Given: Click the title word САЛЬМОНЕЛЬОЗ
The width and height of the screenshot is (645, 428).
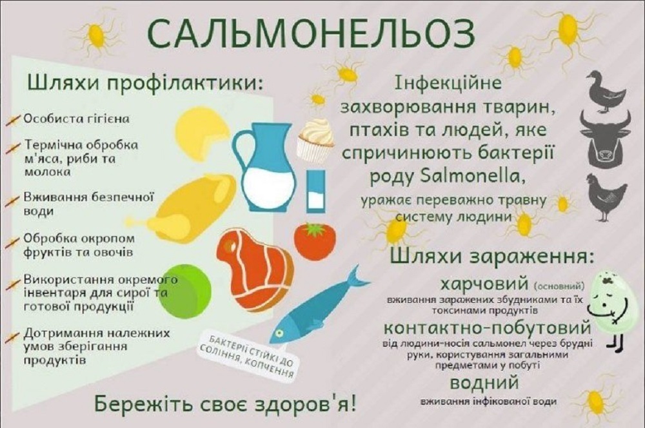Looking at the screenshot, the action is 311,33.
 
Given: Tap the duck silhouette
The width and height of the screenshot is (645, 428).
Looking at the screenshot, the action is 606,92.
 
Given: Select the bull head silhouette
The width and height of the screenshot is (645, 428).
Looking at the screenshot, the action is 605,139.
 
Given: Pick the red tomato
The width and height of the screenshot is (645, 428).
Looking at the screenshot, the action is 315,241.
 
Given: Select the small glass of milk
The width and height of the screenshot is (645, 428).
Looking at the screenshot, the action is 315,192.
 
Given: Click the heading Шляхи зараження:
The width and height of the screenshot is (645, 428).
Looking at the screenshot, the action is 492,257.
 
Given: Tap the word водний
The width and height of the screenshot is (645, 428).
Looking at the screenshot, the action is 484,383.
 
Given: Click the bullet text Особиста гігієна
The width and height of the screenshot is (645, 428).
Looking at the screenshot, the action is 76,119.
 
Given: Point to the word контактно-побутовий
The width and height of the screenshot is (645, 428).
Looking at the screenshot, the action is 488,328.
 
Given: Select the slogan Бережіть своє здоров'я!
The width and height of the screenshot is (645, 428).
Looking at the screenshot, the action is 226,404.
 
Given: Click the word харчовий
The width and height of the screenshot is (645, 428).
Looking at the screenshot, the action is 484,284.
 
